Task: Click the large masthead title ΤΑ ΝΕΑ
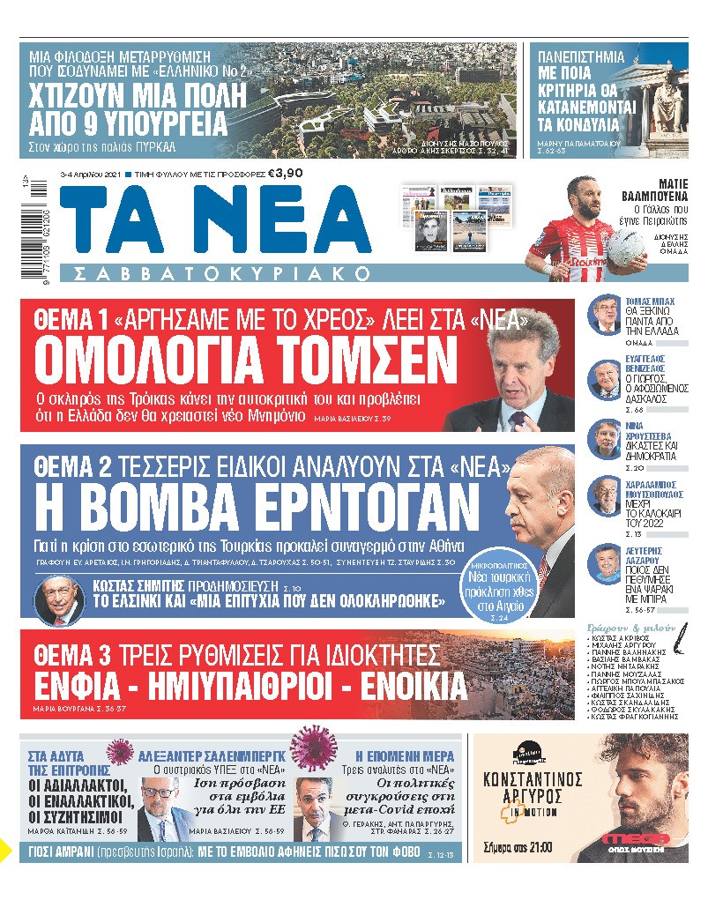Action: coord(220,224)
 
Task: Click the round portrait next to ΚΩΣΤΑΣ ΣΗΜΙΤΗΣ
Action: coord(59,599)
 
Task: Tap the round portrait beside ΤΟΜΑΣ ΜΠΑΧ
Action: coord(606,313)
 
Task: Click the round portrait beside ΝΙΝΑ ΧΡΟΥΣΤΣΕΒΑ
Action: coord(606,438)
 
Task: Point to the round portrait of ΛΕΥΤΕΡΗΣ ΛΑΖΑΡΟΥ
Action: coord(606,562)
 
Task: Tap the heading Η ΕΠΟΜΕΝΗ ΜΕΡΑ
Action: coord(405,756)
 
